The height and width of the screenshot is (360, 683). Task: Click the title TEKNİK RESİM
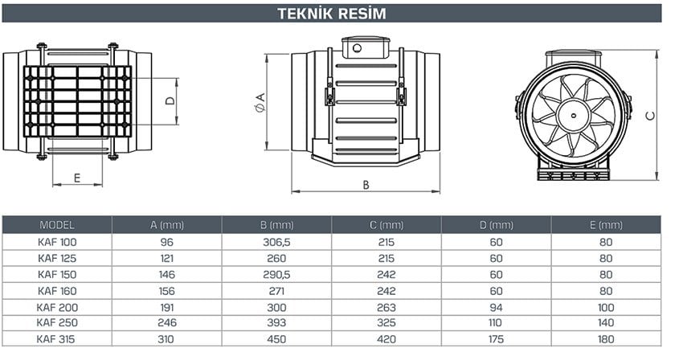click(331, 14)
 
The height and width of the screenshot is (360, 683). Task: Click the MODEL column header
click(56, 225)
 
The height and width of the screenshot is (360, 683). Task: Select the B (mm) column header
click(276, 225)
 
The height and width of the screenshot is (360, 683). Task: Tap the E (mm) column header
click(606, 225)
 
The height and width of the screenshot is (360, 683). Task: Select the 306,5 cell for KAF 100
click(276, 242)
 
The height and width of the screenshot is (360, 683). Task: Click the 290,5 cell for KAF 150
click(276, 274)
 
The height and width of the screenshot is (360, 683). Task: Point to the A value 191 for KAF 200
click(166, 306)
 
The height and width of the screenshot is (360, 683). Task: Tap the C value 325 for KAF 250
click(386, 322)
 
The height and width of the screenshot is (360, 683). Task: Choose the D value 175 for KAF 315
click(496, 339)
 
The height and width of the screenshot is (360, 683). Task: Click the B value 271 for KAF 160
click(276, 290)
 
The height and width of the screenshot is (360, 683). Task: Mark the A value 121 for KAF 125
click(166, 258)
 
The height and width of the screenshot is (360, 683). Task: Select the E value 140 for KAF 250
click(606, 322)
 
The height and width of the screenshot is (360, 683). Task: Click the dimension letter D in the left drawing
click(170, 101)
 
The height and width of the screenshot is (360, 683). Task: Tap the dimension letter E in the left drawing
click(77, 178)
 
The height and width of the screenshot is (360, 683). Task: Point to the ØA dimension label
click(260, 101)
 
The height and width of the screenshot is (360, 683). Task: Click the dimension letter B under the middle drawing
click(366, 184)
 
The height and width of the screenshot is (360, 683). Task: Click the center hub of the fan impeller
click(573, 116)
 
